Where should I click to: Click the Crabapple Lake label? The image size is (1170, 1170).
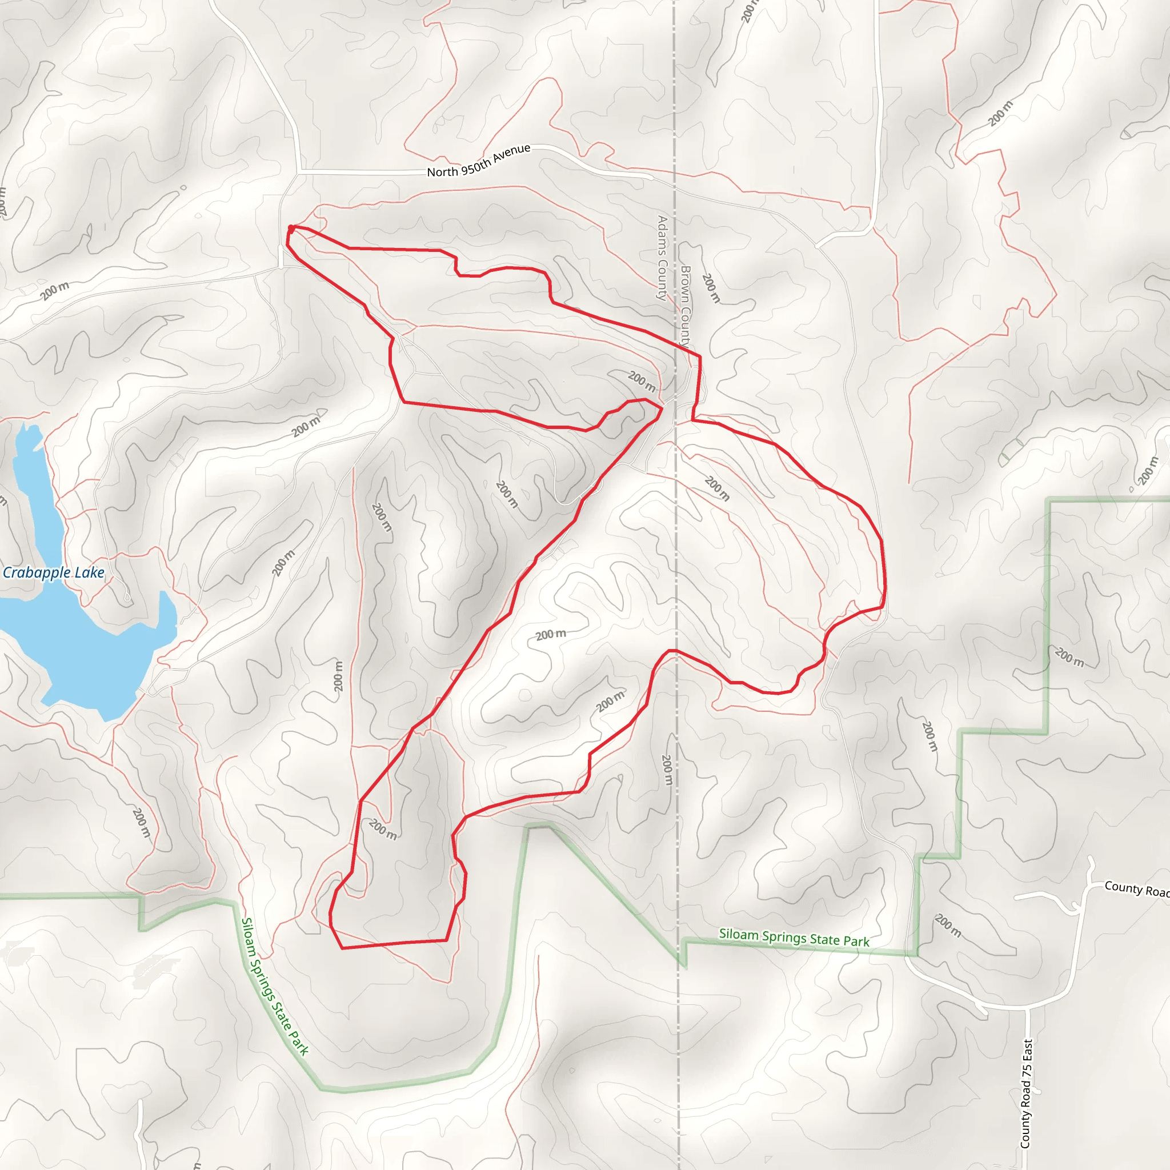[53, 572]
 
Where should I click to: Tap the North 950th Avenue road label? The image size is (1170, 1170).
[478, 161]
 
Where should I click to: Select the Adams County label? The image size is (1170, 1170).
[662, 258]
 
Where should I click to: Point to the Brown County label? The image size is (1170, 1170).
[685, 306]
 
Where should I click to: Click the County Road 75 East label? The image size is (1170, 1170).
[1026, 1093]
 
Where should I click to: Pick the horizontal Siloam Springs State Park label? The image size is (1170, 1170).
[794, 937]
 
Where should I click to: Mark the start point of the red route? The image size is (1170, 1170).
[291, 229]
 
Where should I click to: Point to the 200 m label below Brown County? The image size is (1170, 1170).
[711, 288]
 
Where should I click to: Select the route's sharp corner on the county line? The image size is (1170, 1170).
[700, 356]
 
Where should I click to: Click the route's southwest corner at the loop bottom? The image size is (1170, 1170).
[343, 948]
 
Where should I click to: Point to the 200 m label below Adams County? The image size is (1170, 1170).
[642, 381]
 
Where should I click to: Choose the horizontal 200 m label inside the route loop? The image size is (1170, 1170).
[551, 634]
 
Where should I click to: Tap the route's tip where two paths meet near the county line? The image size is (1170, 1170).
[661, 409]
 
